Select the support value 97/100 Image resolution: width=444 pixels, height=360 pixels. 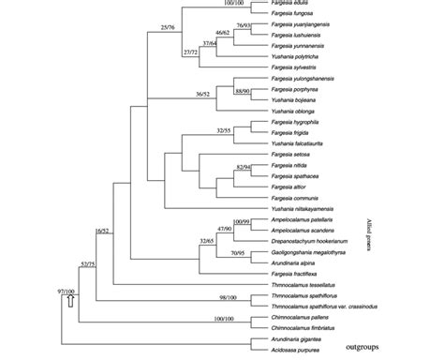click(x=66, y=291)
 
